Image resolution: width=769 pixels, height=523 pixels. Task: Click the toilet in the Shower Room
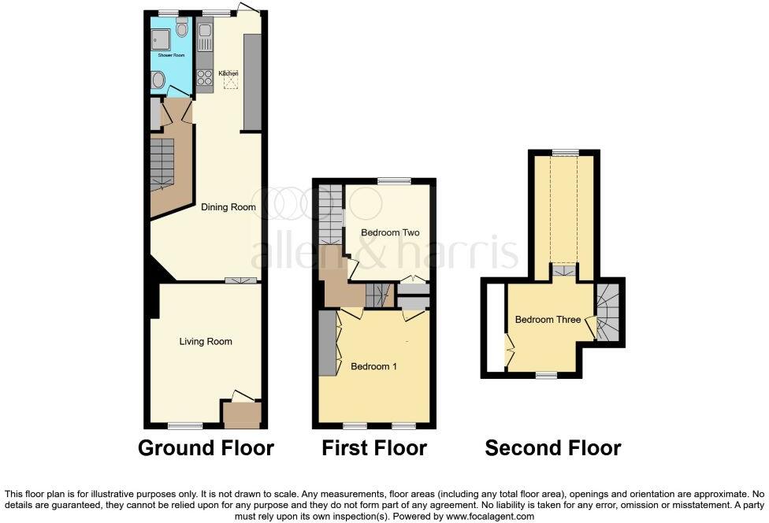[182, 30]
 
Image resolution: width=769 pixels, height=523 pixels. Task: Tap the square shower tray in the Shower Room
[160, 37]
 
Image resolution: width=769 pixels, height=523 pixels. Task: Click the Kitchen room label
[228, 73]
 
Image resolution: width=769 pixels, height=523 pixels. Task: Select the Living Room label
[206, 341]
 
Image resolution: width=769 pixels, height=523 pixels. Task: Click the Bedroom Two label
[390, 232]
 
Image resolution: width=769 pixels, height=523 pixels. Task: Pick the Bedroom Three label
[548, 320]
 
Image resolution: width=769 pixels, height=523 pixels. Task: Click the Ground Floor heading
[206, 448]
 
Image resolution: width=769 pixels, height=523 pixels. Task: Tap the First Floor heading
[374, 448]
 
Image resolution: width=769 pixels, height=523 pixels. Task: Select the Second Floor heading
[552, 448]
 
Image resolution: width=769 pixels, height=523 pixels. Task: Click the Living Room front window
[185, 426]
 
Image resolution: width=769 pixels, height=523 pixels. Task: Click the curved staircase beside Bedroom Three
[609, 313]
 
